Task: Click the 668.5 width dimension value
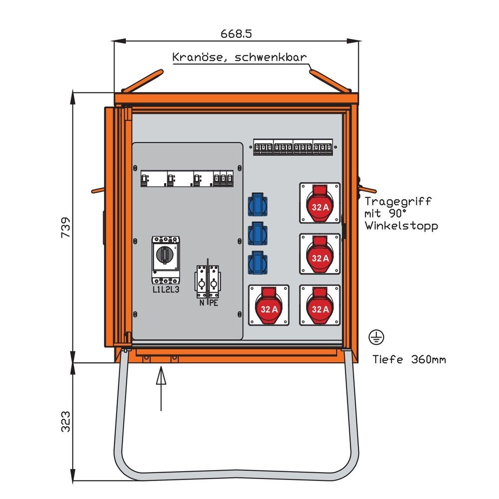pos(237,34)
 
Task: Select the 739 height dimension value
pos(66,228)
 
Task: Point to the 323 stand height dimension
pos(66,421)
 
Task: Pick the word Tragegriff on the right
pos(397,202)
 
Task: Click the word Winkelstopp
pos(401,226)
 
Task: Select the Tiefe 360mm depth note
pos(409,359)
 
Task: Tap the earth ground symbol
pos(376,337)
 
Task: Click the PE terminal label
pos(214,303)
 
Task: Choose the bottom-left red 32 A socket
pos(268,305)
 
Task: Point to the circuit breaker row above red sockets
pos(293,147)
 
